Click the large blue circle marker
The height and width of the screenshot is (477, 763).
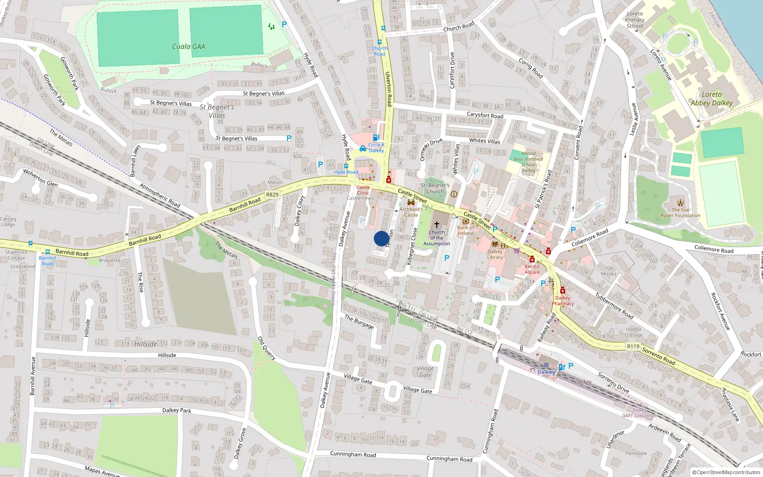(x=381, y=238)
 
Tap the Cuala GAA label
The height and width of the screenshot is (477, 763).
(x=188, y=46)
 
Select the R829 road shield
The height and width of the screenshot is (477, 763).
(x=272, y=195)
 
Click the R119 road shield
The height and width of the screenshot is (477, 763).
(x=633, y=346)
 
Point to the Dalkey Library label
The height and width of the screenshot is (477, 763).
(x=495, y=254)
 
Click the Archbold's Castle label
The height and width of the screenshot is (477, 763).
(x=411, y=212)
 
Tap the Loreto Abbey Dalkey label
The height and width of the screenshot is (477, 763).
(x=711, y=99)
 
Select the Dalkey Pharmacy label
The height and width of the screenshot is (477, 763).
(x=563, y=301)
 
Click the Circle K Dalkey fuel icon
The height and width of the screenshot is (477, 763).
(x=376, y=138)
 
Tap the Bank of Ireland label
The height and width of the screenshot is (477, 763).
(x=465, y=230)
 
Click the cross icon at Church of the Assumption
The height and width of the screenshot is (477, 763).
(x=436, y=224)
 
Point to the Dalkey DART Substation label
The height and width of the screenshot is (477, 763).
(x=639, y=413)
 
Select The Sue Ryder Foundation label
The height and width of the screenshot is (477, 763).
(x=681, y=213)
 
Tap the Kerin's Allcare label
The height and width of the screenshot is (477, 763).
(x=532, y=269)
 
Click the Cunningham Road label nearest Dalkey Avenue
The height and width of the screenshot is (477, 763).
(x=353, y=455)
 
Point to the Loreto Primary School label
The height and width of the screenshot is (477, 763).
(x=635, y=20)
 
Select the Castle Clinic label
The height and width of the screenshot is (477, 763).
(x=363, y=190)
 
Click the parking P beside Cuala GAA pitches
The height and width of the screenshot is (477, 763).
(x=284, y=24)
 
